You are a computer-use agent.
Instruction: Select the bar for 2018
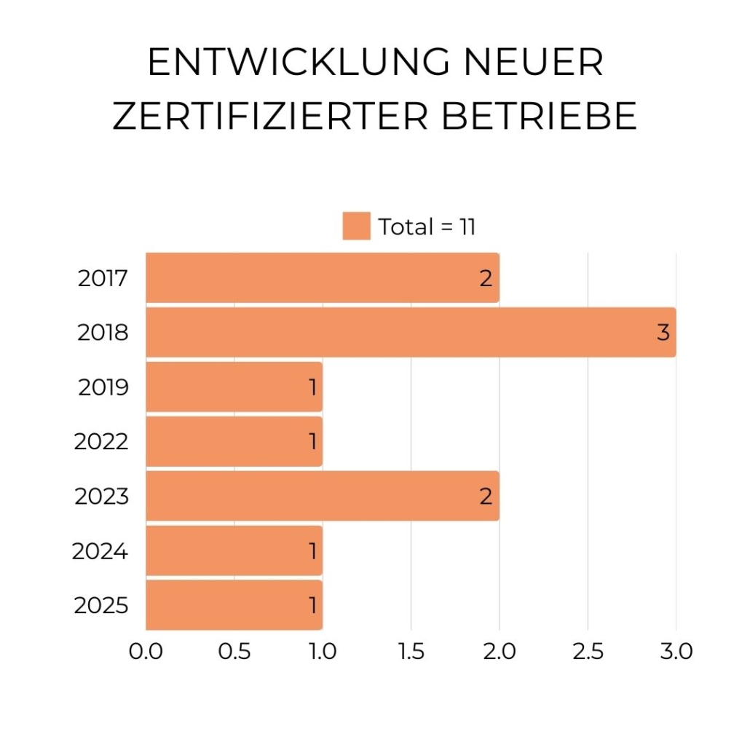(411, 332)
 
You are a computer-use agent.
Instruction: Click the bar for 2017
(323, 277)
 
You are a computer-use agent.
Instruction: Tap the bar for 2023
(323, 496)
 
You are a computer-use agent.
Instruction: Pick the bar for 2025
(234, 605)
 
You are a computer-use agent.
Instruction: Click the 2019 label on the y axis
(103, 387)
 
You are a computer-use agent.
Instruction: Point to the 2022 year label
(101, 441)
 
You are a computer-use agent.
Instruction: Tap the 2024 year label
(100, 551)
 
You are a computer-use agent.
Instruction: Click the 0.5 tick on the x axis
(234, 651)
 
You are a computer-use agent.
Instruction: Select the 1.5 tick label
(411, 651)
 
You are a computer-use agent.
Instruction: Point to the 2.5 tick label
(588, 651)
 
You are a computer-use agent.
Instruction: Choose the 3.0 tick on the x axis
(676, 651)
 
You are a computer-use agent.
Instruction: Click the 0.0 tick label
(146, 651)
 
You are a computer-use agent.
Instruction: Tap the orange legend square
(357, 226)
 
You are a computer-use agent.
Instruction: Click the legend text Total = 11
(427, 226)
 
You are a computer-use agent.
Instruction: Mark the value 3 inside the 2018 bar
(663, 333)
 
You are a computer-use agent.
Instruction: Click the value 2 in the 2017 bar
(486, 278)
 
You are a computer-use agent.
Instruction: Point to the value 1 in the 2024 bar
(313, 551)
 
